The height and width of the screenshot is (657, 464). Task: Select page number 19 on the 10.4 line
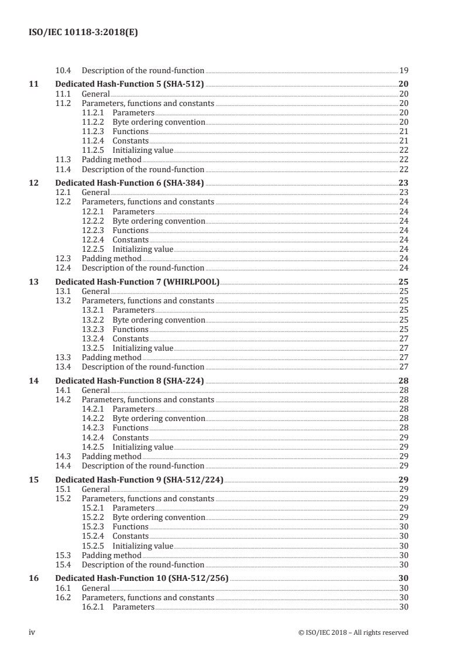[x=403, y=70]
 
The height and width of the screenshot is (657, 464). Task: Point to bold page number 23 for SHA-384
[x=403, y=183]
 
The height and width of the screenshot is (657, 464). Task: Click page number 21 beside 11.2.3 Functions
[x=403, y=131]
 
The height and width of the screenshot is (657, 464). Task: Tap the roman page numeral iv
[x=33, y=632]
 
